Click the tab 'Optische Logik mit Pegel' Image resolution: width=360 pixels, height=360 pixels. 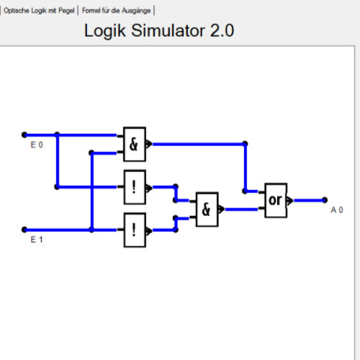coord(39,11)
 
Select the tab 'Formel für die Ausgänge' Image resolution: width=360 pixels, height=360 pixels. coord(117,11)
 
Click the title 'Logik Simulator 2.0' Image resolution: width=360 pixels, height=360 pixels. coord(159,31)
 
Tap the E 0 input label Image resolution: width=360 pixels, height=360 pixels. coord(37,145)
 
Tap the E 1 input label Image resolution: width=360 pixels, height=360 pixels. coord(37,239)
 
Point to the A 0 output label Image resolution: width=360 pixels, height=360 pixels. coord(337,210)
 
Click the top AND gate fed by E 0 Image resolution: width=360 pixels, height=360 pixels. coord(135,144)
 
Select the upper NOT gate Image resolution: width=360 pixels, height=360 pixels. coord(135,187)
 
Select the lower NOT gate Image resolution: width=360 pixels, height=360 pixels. coord(135,230)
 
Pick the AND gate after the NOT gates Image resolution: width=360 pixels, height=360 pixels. coord(207,210)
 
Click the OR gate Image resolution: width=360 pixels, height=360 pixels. coord(276,200)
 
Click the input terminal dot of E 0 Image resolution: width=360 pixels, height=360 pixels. coord(24,135)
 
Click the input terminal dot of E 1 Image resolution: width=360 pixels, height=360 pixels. coord(24,230)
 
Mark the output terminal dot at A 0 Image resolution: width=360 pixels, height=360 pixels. coord(325,200)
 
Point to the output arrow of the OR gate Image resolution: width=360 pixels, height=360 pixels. coord(290,200)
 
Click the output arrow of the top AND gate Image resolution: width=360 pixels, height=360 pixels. coord(149,144)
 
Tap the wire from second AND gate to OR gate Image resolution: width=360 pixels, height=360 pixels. coord(242,210)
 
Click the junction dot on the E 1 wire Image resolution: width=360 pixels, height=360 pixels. coord(91,230)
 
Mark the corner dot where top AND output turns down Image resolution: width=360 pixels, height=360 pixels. coord(245,144)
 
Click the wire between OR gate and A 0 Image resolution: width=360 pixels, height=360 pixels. coord(308,200)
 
